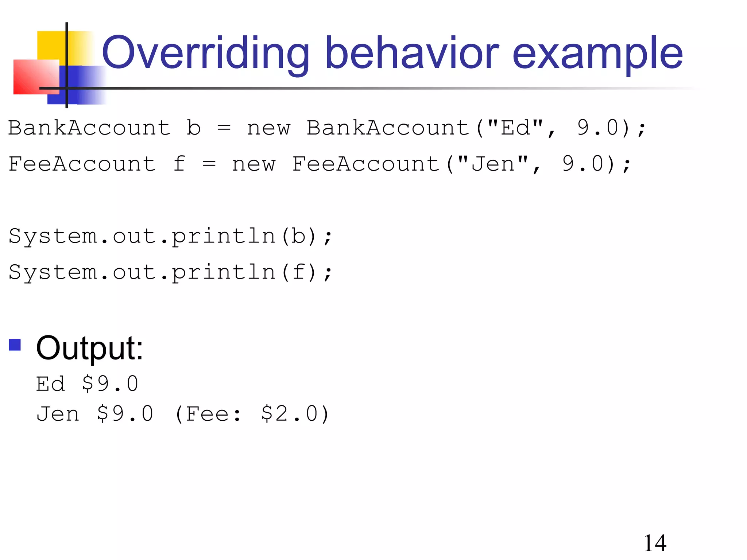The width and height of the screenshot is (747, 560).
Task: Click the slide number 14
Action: pos(655,543)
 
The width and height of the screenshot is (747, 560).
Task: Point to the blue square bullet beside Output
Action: pos(15,345)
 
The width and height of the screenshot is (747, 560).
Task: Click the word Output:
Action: pos(89,348)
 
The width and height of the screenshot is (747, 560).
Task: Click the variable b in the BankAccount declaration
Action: pos(194,128)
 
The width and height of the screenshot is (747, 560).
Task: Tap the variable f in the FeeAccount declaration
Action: pos(179,164)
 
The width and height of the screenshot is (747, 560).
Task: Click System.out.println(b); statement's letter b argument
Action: pos(298,236)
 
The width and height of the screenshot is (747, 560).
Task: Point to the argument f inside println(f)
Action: pos(298,272)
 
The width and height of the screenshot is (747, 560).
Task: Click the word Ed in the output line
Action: pos(50,384)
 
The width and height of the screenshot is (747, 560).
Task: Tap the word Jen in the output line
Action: pos(58,414)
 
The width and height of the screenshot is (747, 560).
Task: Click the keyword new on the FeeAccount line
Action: pos(253,164)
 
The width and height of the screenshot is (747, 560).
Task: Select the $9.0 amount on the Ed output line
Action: pos(110,384)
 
